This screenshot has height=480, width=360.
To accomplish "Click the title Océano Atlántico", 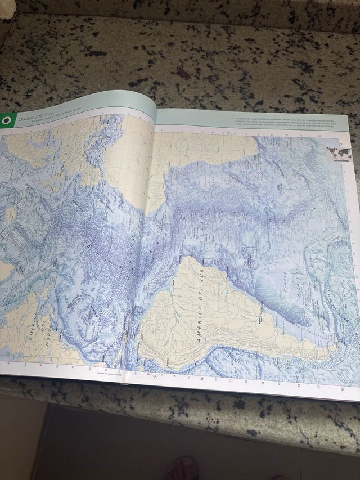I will (x=35, y=117).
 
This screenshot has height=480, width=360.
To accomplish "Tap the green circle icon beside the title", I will (x=7, y=120).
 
